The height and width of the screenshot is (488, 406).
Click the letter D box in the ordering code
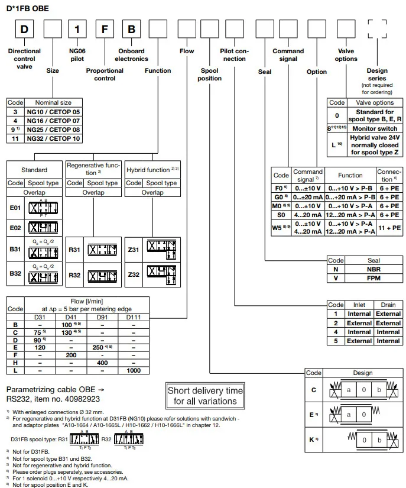[x=24, y=30]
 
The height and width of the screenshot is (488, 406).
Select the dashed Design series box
[x=377, y=30]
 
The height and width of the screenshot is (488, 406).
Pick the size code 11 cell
[x=15, y=138]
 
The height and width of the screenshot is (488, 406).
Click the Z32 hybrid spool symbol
[x=161, y=276]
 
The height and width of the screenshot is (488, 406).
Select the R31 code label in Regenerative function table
[x=74, y=250]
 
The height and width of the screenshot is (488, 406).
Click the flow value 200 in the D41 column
[x=71, y=354]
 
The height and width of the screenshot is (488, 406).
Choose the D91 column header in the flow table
[x=102, y=316]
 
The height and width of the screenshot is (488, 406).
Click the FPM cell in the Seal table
[x=373, y=278]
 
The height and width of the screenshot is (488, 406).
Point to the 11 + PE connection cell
[x=389, y=227]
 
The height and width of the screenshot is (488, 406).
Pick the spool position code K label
[x=313, y=440]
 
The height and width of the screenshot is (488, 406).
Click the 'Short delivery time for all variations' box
[x=205, y=396]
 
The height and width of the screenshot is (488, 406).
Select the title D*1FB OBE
[x=28, y=8]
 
